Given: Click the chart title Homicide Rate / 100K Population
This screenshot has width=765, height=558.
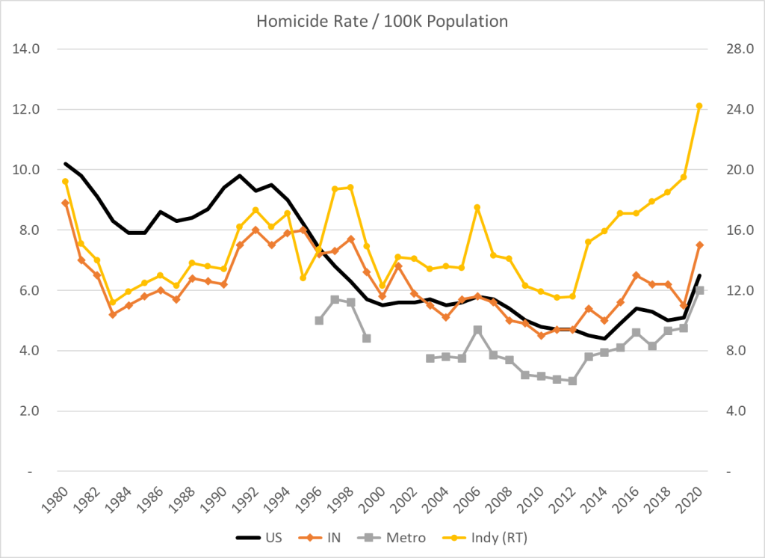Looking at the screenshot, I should pos(382,21).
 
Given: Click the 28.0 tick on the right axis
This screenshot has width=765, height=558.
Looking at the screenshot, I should pos(736,49).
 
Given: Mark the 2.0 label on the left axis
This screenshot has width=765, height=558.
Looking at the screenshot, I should pos(28,411).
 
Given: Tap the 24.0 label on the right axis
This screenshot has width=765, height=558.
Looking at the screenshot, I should pos(736,110).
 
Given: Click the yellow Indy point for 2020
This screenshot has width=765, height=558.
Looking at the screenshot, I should pos(699,106).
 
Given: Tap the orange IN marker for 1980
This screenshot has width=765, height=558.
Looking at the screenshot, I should pos(66,203).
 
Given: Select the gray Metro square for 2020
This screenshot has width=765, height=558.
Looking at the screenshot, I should pos(700,290).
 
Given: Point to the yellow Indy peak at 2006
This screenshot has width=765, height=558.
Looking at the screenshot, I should pos(477,207).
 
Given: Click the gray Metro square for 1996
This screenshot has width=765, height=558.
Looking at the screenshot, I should pos(319,320).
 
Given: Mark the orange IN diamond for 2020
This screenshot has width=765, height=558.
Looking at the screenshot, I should pos(699,245).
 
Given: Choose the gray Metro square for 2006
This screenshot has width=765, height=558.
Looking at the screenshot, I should pos(477,329).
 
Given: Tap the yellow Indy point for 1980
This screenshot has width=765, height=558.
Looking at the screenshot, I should pos(66,181).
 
